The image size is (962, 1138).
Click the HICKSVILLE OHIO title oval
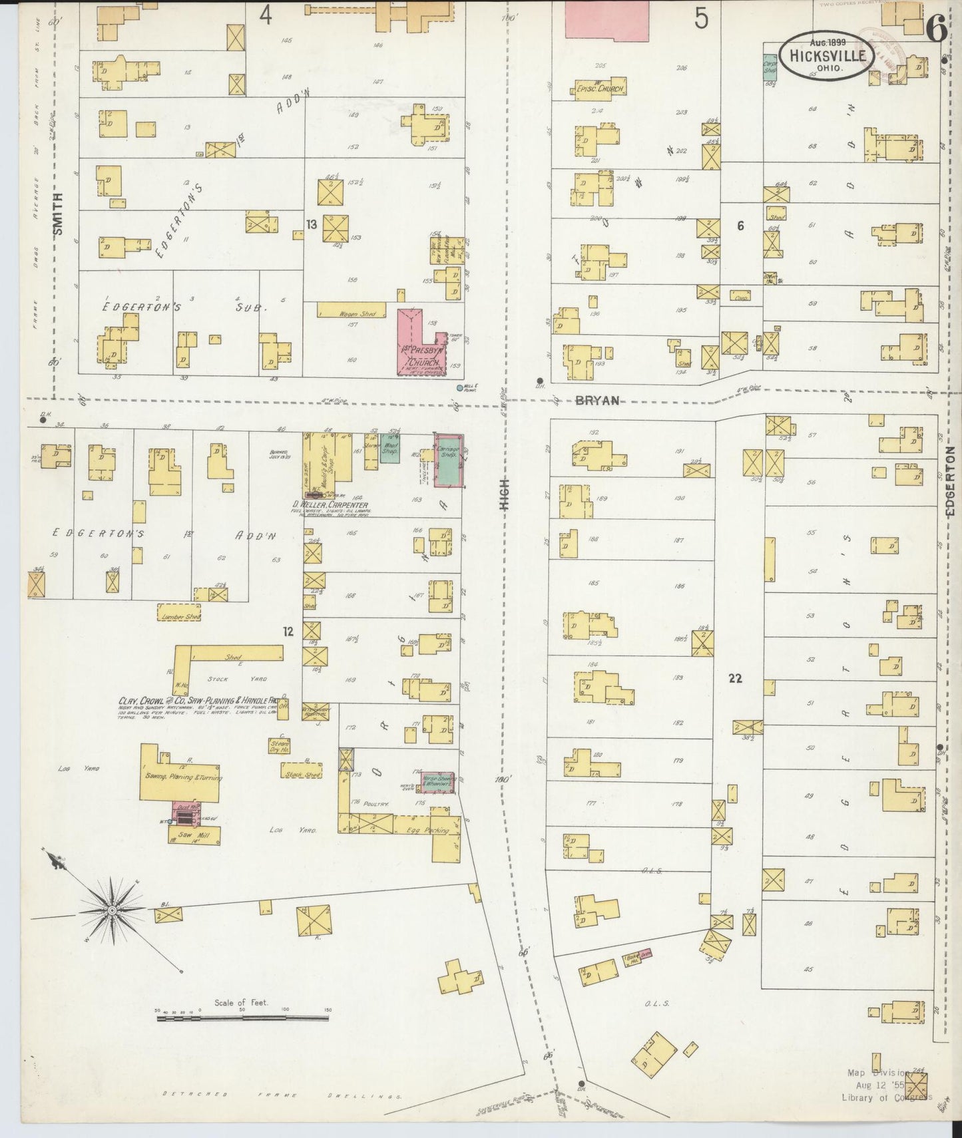point(828,57)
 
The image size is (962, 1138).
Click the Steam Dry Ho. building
point(278,745)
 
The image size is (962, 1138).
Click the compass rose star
point(112,910)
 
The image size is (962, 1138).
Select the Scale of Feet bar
point(243,1018)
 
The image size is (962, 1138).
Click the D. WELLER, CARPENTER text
point(332,504)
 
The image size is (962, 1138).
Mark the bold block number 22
point(735,679)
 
